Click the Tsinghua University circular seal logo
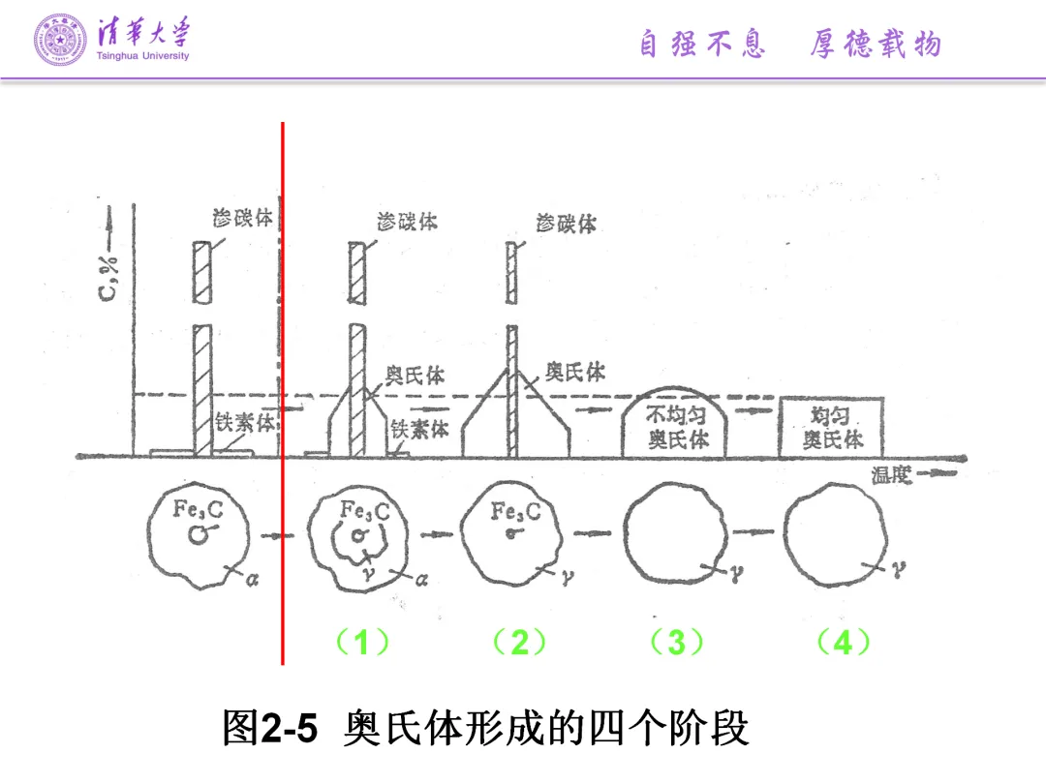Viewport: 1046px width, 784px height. point(60,40)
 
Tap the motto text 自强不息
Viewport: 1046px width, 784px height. point(702,44)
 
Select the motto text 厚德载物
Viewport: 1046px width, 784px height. point(876,44)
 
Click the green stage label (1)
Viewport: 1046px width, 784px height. point(361,642)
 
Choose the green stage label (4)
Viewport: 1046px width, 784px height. point(842,642)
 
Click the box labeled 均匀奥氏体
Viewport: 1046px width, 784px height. point(831,427)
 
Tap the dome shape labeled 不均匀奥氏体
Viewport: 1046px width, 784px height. point(677,427)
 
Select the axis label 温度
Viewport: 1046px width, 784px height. point(892,474)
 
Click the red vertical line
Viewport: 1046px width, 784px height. point(282,387)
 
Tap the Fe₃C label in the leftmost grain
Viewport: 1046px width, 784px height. point(197,509)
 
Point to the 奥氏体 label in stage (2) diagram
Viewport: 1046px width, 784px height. point(574,372)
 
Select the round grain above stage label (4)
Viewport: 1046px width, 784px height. point(834,538)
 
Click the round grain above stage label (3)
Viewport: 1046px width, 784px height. point(676,538)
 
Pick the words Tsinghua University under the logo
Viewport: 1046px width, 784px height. point(143,56)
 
